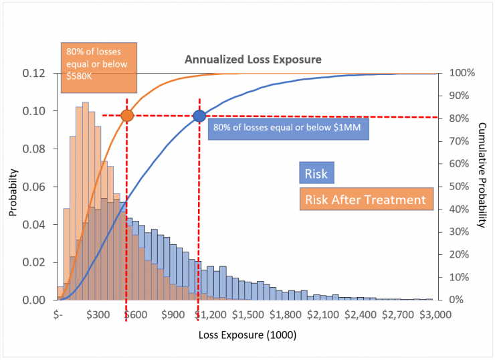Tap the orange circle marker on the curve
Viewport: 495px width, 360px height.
click(x=127, y=116)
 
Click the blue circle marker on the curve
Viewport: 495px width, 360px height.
click(x=199, y=116)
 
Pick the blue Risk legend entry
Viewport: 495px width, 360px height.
click(x=316, y=175)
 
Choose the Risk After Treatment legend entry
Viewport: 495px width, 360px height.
click(x=365, y=199)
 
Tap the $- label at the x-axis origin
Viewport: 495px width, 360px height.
click(x=59, y=314)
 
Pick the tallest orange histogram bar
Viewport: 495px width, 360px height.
click(x=86, y=201)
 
